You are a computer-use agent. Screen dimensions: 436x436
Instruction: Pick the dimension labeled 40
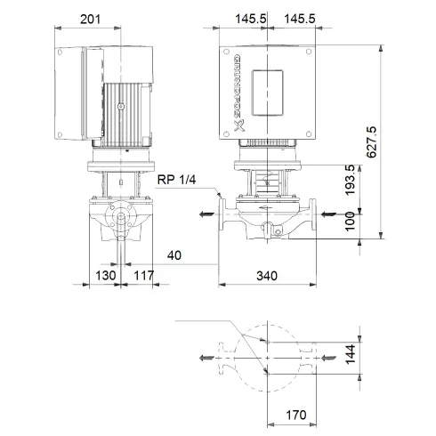click(x=175, y=256)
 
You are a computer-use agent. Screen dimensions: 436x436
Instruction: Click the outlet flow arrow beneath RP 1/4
click(x=206, y=214)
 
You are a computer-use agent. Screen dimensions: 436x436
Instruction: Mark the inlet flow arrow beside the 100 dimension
click(x=328, y=214)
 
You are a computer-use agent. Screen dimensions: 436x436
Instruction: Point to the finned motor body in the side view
click(x=130, y=109)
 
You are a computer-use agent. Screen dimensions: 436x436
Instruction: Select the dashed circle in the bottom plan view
click(x=265, y=357)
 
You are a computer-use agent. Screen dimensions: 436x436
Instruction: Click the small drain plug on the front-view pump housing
click(x=275, y=232)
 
